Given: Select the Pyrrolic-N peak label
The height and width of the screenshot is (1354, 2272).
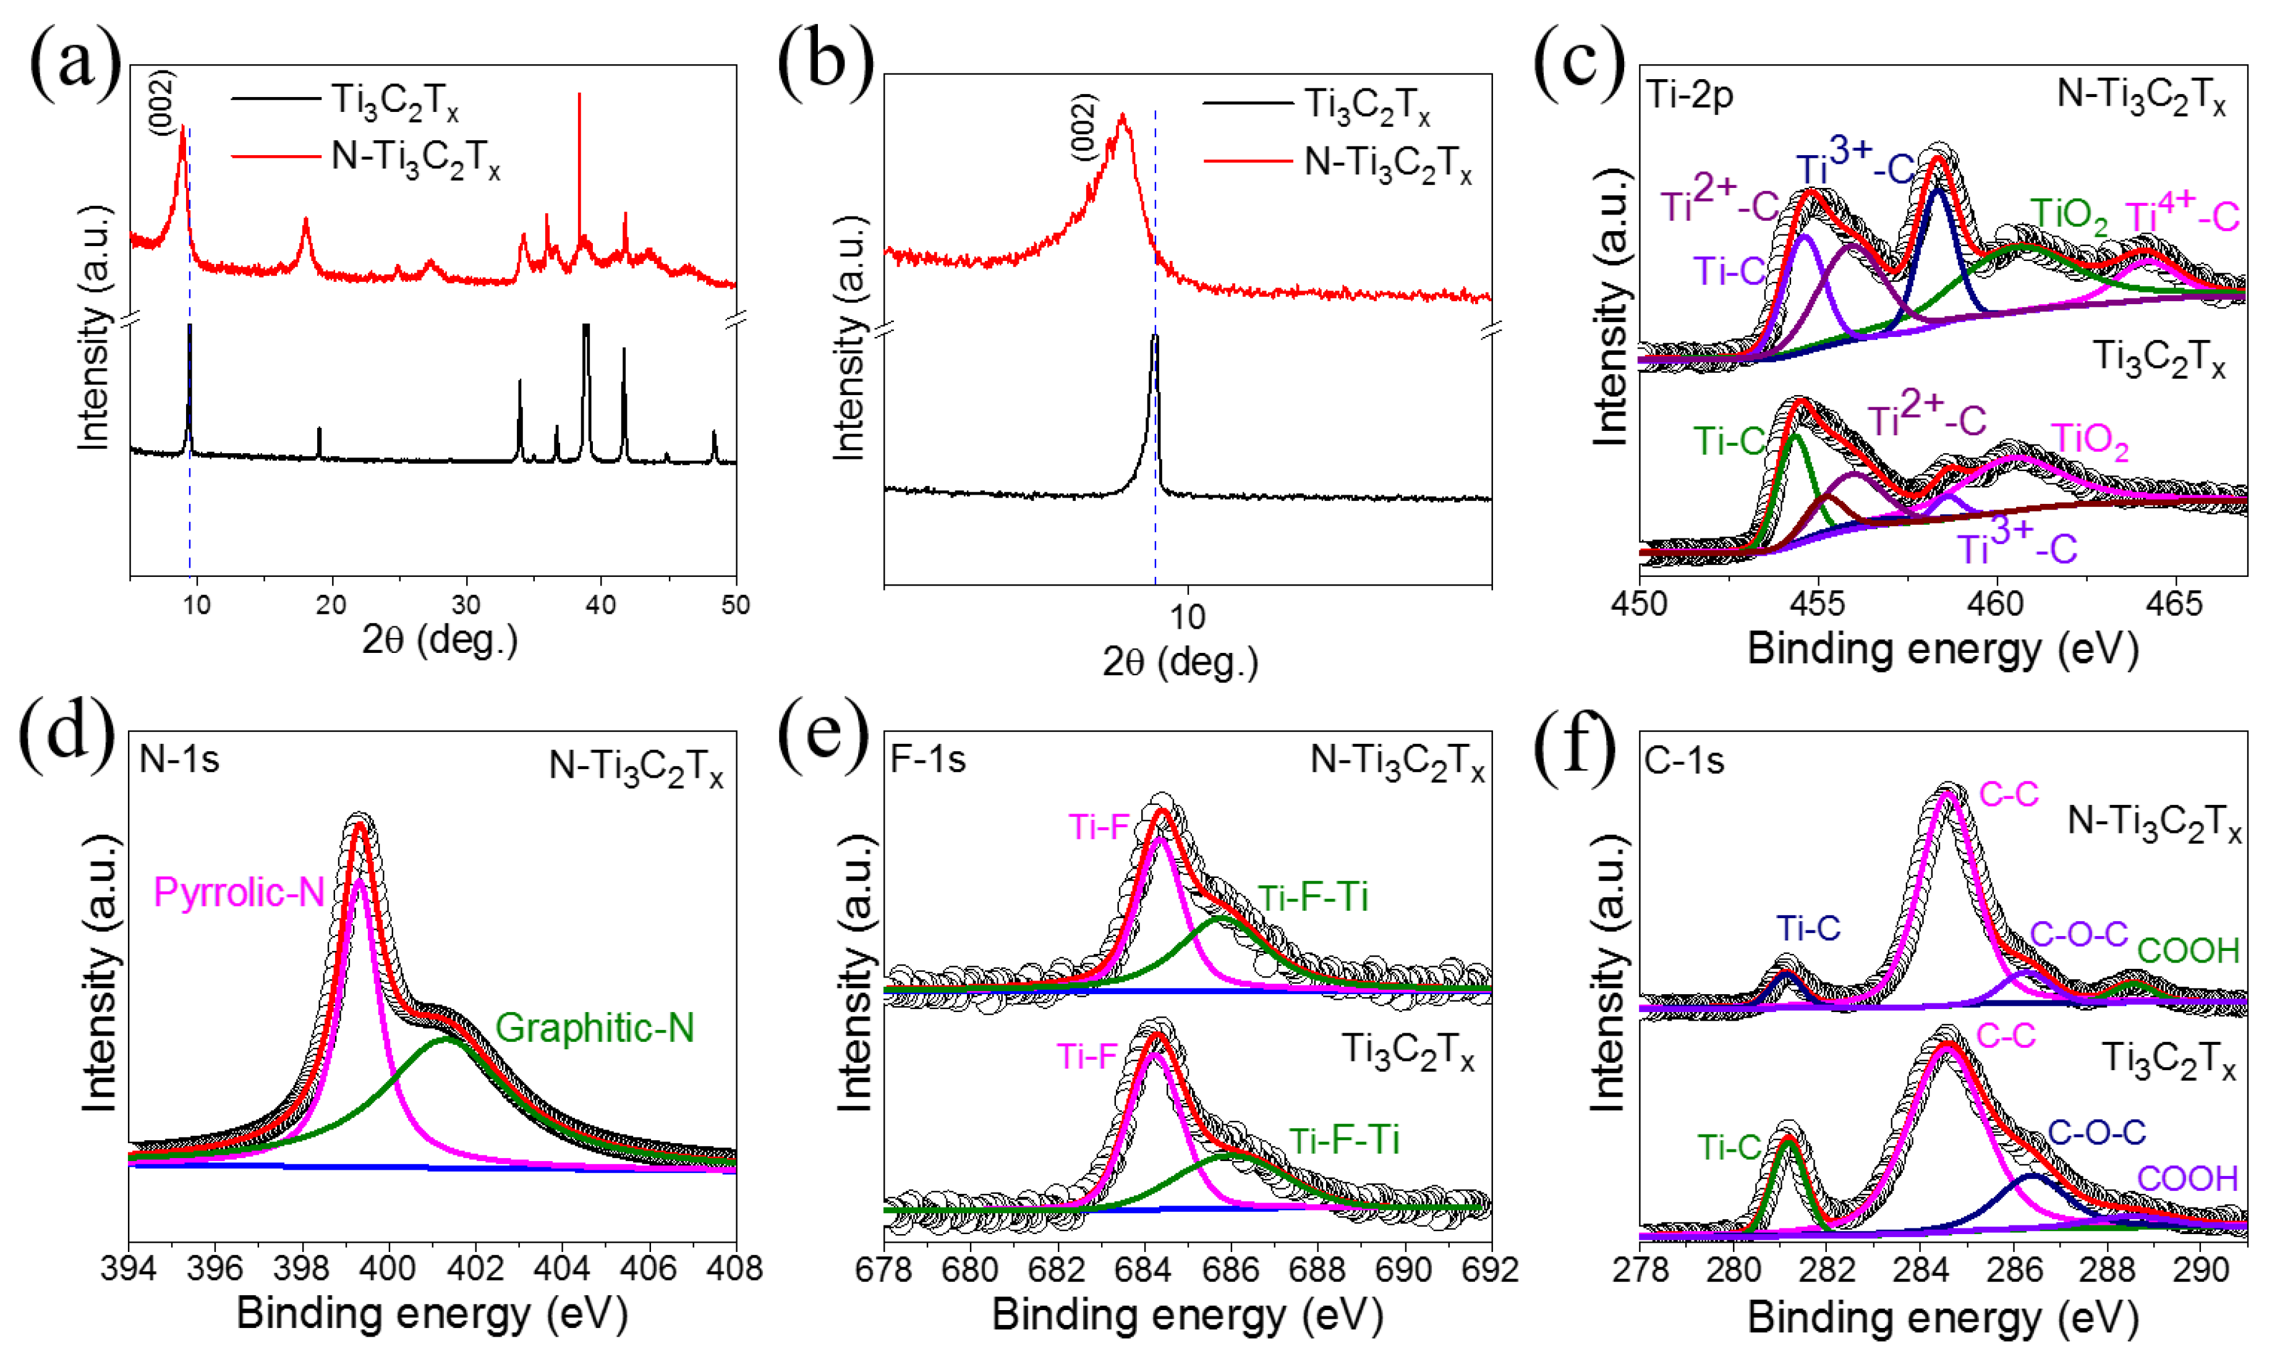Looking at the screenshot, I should point(239,892).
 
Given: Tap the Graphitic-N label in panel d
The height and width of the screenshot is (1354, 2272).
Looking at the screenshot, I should point(595,1028).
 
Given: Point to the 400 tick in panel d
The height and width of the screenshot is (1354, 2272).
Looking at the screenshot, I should point(388,1269).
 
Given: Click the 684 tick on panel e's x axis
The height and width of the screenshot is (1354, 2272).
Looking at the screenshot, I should point(1145,1269).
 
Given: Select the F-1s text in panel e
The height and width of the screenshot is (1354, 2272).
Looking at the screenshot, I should point(927,759).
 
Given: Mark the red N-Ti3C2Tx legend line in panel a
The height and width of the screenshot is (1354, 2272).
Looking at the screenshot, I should point(276,157).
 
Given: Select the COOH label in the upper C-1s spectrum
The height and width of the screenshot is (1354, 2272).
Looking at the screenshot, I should point(2188,951).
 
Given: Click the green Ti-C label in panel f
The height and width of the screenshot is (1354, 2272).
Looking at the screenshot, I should point(1729,1147).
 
